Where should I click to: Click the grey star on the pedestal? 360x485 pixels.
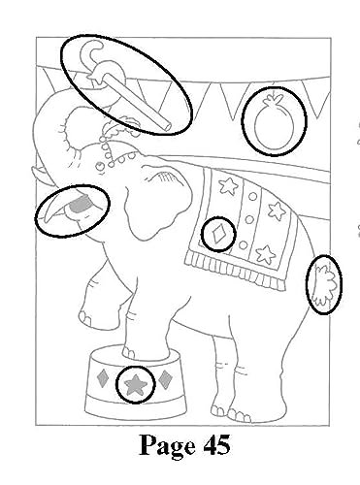click(x=136, y=384)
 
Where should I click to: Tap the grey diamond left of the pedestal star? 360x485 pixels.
click(x=104, y=378)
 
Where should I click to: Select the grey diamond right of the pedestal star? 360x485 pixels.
click(x=165, y=379)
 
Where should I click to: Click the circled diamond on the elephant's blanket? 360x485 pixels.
click(x=218, y=234)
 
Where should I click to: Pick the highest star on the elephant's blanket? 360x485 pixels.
click(x=229, y=186)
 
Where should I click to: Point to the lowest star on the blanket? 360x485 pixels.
click(x=266, y=255)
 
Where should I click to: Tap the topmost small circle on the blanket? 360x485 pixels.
click(x=252, y=197)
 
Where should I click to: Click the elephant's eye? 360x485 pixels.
click(x=100, y=166)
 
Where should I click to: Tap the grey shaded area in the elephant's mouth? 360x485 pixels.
click(x=80, y=205)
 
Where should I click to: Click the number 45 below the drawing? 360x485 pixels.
click(x=216, y=444)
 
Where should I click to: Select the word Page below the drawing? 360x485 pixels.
click(x=167, y=446)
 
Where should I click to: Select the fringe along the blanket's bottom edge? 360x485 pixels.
click(x=236, y=270)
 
